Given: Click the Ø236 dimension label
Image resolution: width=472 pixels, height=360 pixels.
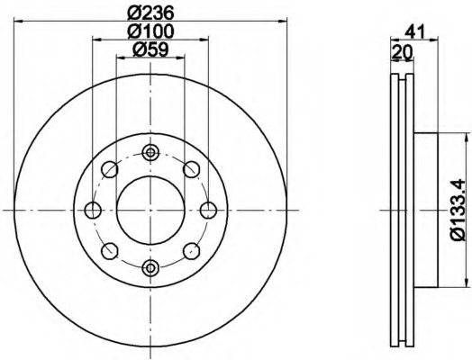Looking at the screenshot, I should [x=150, y=12].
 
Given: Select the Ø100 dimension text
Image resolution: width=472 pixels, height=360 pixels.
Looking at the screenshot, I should [x=150, y=31].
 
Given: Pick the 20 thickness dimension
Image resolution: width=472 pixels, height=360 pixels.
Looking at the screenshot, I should [x=401, y=51].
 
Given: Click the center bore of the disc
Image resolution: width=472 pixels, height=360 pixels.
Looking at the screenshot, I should [x=150, y=209].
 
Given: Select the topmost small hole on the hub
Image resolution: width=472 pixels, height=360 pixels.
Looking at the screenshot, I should [x=150, y=152].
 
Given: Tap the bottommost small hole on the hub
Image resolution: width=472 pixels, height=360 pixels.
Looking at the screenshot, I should [x=150, y=266].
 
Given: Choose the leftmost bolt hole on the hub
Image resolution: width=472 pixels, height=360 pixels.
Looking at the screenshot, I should [x=93, y=210].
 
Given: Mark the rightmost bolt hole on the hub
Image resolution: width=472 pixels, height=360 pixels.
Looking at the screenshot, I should [x=208, y=210].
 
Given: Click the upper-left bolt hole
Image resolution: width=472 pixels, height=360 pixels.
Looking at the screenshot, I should [x=110, y=169].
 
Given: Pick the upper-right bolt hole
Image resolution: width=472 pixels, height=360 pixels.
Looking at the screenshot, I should [x=191, y=169].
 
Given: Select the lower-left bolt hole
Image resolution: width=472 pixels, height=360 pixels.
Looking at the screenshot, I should [x=110, y=250].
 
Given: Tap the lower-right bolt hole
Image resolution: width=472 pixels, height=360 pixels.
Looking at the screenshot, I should [x=191, y=250].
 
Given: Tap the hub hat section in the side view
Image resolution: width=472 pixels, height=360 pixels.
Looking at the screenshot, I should [x=425, y=210].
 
